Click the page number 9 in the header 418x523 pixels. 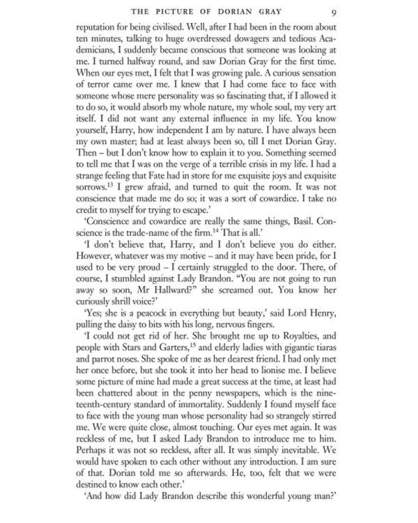coord(355,11)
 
